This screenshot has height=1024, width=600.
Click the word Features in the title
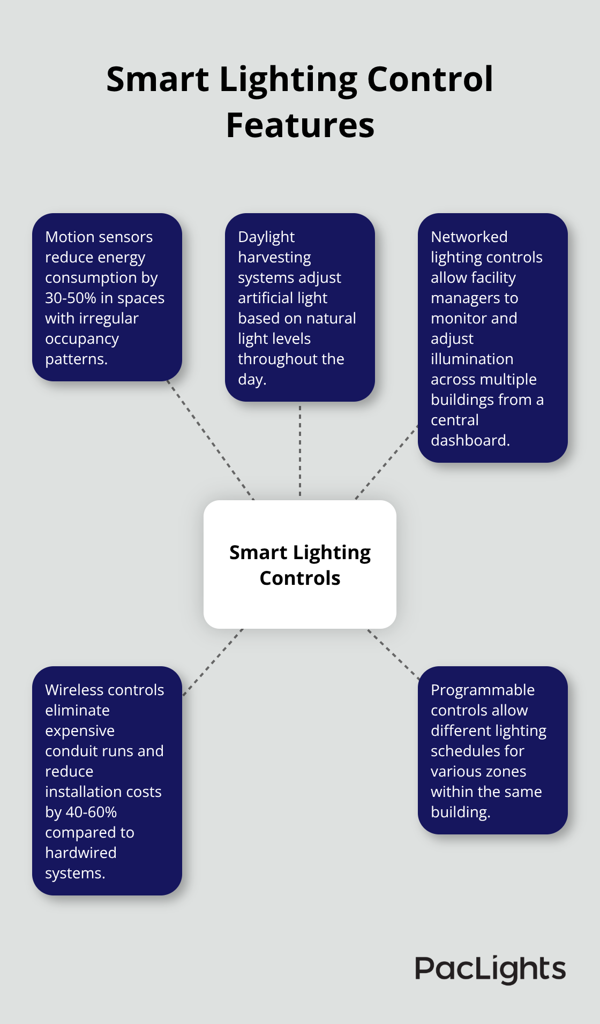pos(300,125)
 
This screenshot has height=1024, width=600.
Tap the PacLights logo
pos(490,969)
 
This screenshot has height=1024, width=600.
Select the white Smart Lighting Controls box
pos(300,564)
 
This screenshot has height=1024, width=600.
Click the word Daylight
pos(266,237)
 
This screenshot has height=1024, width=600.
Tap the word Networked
pos(469,237)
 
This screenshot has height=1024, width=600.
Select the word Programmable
pos(482,690)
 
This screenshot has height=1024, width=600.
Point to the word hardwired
pos(80,853)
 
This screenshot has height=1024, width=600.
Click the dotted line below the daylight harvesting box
pos(300,450)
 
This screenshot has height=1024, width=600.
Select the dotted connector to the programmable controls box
pos(394,654)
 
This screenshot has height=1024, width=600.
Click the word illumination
pos(472,359)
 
